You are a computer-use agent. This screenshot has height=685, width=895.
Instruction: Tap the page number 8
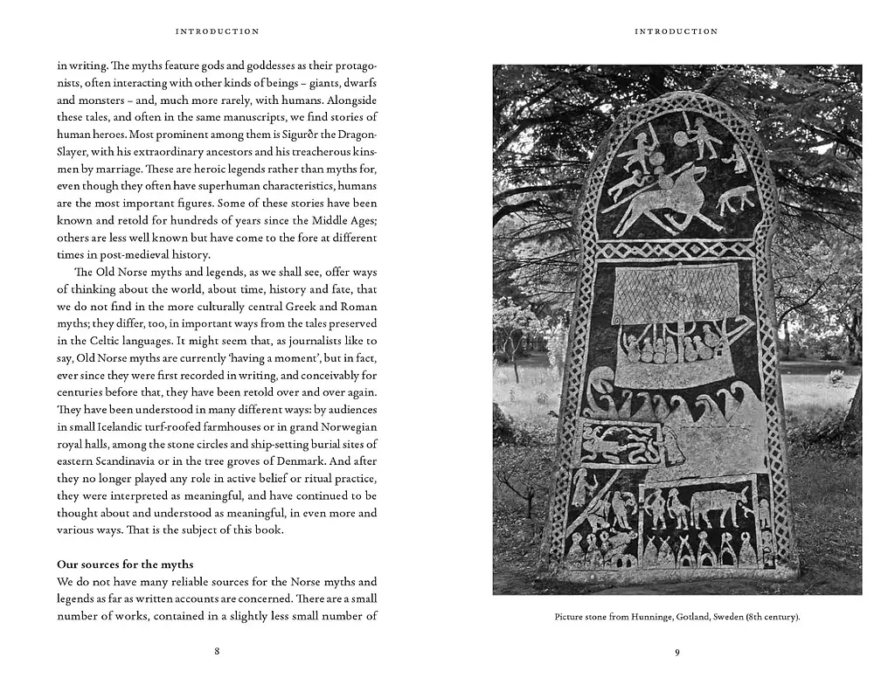point(217,652)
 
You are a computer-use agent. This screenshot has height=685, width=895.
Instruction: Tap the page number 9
point(677,652)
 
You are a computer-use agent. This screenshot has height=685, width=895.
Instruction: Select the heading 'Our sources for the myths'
point(125,564)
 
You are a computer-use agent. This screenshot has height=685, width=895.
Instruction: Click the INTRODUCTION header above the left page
point(217,31)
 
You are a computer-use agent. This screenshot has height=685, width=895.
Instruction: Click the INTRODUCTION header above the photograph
point(676,31)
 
